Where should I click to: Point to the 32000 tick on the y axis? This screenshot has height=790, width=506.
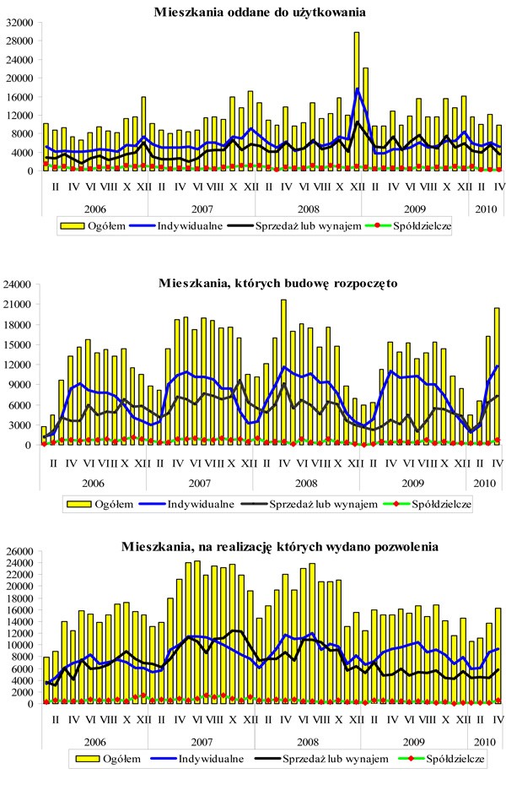(x=19, y=22)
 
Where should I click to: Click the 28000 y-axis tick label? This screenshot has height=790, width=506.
(x=19, y=41)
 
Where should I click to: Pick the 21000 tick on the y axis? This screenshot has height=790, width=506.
(x=19, y=304)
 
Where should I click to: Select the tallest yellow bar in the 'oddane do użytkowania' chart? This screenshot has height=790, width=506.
(x=357, y=101)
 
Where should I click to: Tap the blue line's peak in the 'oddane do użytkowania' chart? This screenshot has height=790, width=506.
(x=358, y=88)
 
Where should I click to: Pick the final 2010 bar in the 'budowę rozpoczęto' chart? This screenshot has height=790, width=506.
(x=497, y=376)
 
